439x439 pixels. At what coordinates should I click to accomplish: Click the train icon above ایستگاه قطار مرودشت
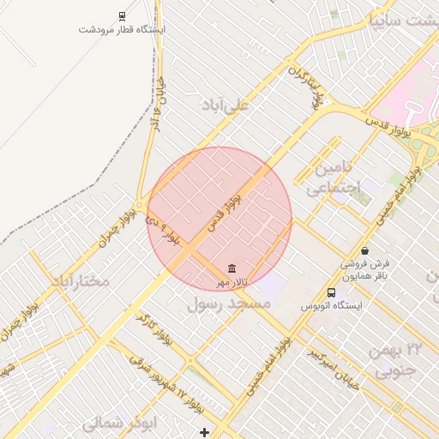coord(122,15)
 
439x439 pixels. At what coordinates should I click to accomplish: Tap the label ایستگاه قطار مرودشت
coord(122,29)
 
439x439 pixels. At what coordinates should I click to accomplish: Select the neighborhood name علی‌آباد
coord(224,105)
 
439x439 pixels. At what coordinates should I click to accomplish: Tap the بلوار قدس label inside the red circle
coord(225,211)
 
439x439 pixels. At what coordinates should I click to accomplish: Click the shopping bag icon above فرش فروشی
coord(366,251)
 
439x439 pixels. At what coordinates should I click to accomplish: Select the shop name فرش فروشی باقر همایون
coord(366,270)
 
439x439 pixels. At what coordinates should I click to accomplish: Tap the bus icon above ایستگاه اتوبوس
coord(331,292)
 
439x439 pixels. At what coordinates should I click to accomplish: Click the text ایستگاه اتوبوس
coord(331,305)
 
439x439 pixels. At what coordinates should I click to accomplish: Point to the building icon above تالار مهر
coord(232,269)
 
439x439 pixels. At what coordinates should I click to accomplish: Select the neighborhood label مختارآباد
coord(80,280)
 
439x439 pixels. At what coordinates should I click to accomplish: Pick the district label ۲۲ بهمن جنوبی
coord(396,360)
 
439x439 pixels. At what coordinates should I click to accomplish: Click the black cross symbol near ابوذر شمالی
coord(204,431)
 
